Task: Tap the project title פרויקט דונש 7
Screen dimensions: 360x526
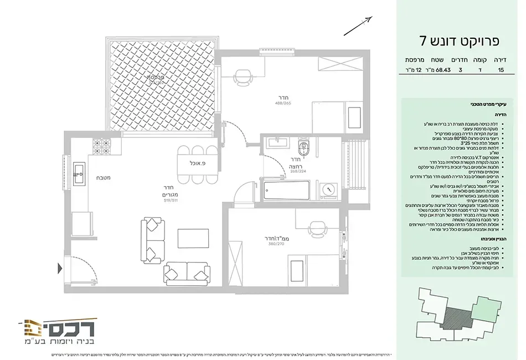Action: tap(460, 40)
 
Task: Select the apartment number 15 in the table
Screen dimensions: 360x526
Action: tap(501, 70)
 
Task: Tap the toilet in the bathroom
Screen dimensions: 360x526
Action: tap(302, 148)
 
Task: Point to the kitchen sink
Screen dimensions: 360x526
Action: tap(79, 174)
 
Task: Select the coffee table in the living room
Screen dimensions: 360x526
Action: tap(193, 238)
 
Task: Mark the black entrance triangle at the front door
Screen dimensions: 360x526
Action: tap(60, 270)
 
